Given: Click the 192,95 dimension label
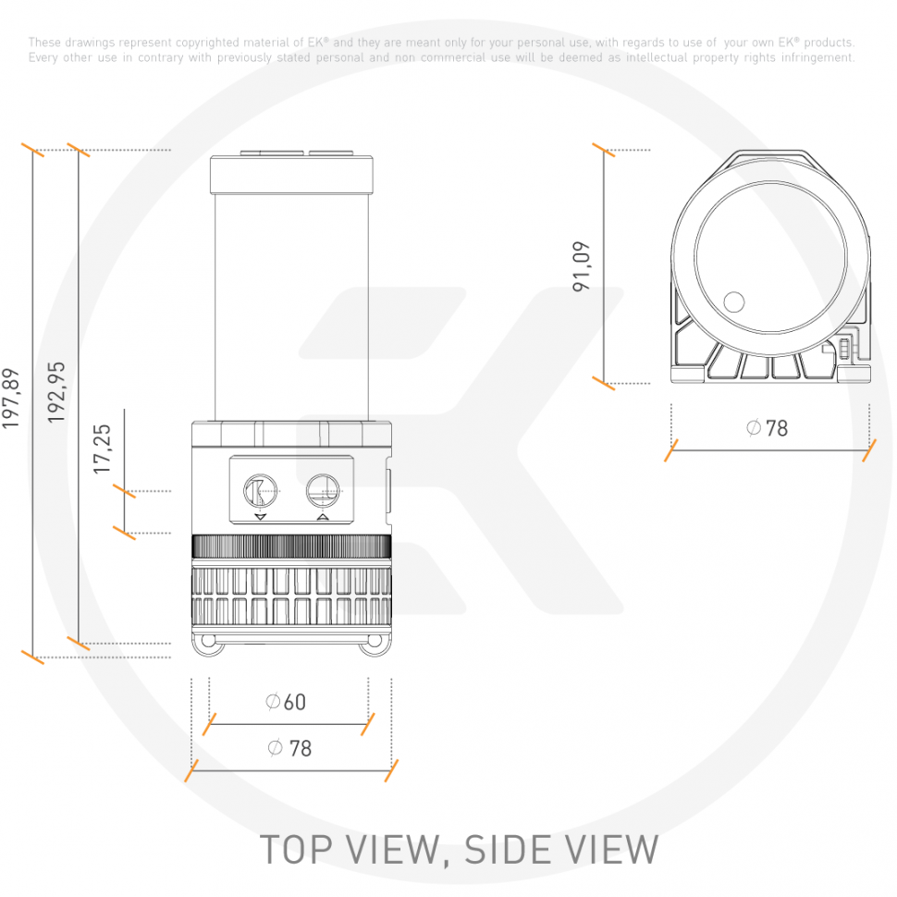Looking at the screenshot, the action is click(57, 392).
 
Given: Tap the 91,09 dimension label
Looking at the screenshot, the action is click(582, 266).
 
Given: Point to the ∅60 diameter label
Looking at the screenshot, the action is click(285, 702).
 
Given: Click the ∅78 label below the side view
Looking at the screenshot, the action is click(289, 748).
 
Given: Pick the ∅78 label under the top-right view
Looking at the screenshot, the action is click(768, 428).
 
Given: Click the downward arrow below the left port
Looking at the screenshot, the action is click(260, 518).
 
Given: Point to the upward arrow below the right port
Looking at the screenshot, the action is click(323, 518).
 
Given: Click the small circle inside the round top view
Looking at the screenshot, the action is click(733, 301).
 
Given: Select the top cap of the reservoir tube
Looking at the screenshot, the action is click(291, 173).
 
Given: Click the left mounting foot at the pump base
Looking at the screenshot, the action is click(207, 645).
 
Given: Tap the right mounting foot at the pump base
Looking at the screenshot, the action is click(375, 645).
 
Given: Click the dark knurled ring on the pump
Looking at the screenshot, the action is click(291, 547).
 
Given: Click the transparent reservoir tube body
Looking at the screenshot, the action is click(291, 305).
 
